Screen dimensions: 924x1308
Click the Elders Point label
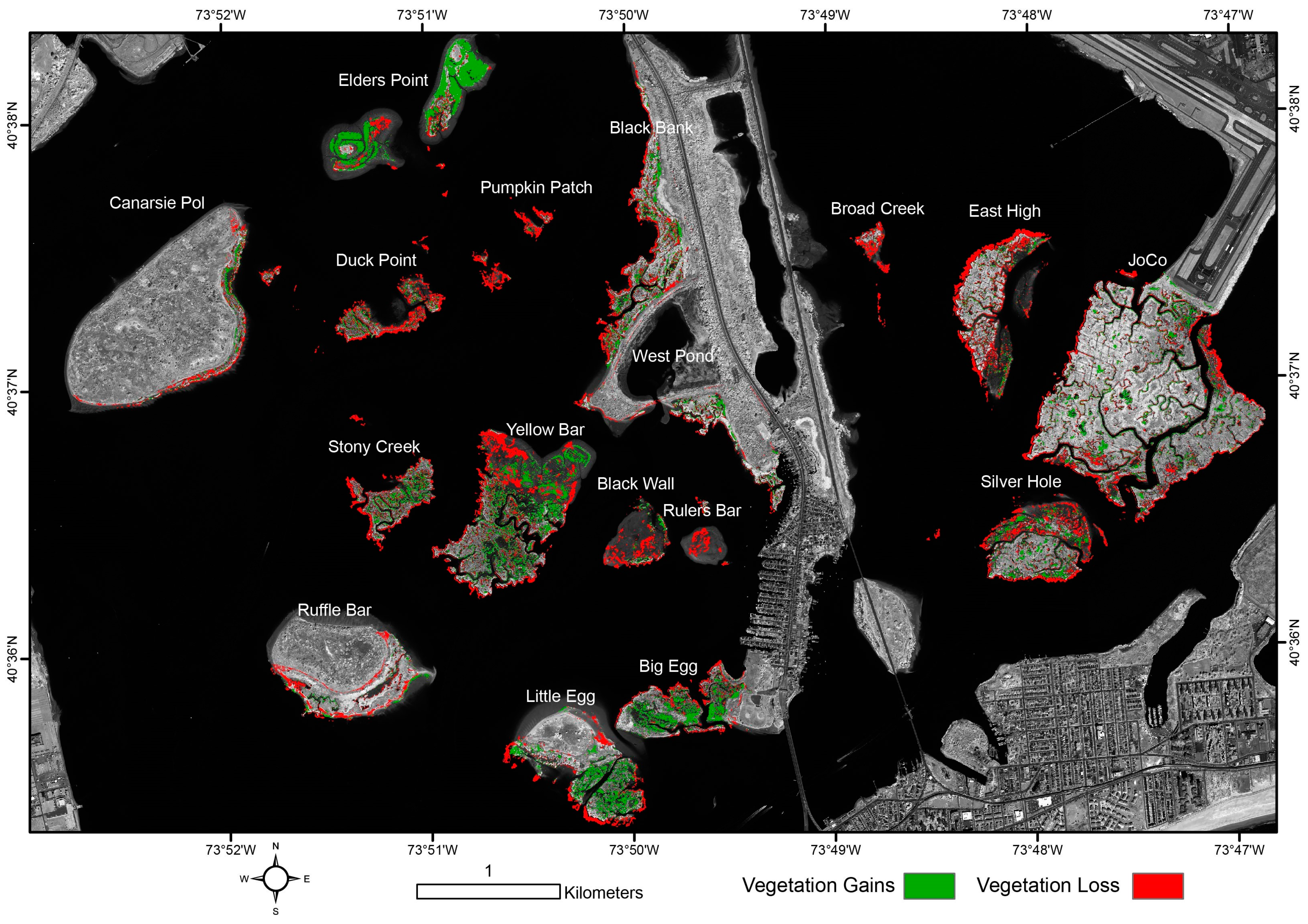point(383,80)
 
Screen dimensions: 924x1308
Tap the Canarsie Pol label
point(157,203)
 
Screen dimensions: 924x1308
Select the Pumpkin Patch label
point(536,188)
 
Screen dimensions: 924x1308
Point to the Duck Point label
point(376,260)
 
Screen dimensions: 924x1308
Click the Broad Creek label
point(877,209)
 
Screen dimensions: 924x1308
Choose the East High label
point(1004,211)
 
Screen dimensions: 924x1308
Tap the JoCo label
point(1147,260)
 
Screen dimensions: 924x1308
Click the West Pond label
point(672,356)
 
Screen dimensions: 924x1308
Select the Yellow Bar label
point(545,430)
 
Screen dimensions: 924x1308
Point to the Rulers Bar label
point(702,511)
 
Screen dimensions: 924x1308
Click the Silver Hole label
point(1020,482)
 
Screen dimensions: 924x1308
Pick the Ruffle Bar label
point(334,610)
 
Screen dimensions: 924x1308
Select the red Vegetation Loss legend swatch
point(1157,886)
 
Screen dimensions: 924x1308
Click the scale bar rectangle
point(488,892)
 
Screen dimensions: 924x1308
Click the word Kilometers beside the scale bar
point(603,893)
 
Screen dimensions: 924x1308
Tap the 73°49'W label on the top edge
point(825,15)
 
